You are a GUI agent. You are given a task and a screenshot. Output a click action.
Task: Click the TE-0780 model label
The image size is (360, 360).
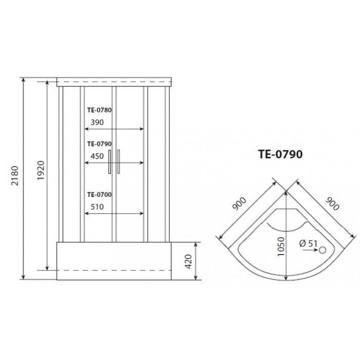coord(99,110)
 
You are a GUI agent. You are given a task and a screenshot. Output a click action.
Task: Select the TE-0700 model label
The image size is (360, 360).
coord(99,194)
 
